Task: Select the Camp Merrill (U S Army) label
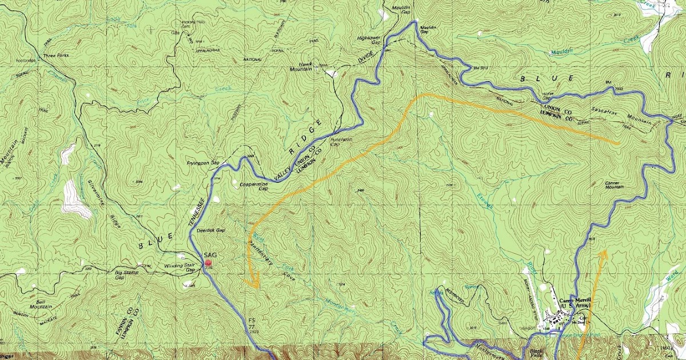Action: (574, 305)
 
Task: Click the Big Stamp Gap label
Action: (127, 275)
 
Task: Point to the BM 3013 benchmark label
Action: (481, 69)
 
